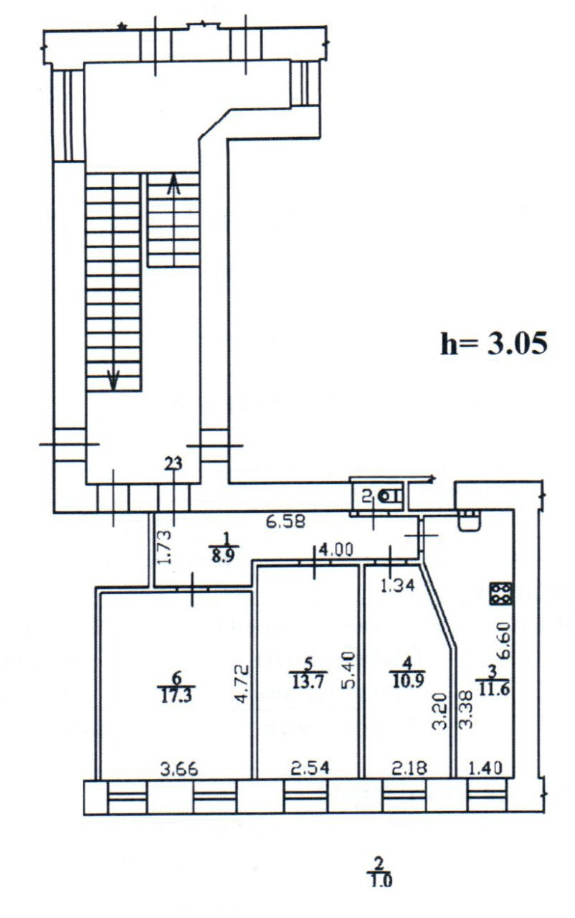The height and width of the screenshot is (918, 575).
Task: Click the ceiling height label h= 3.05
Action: click(x=494, y=344)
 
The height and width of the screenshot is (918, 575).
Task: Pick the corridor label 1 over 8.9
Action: click(x=225, y=550)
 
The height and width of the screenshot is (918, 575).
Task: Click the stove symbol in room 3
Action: click(x=500, y=593)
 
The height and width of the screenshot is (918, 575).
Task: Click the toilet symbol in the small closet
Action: click(x=388, y=495)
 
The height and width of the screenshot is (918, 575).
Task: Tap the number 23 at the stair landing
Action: click(x=173, y=464)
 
